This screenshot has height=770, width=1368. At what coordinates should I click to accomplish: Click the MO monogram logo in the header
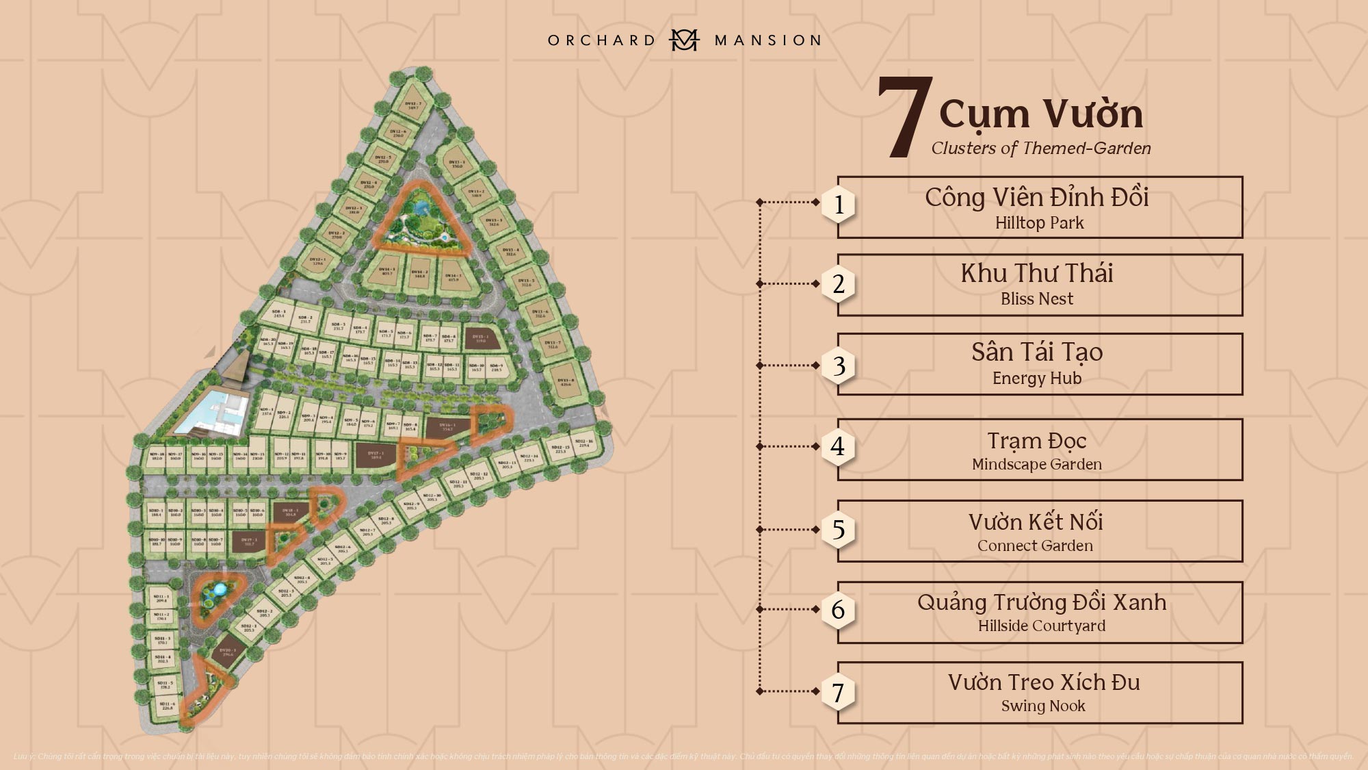pyautogui.click(x=683, y=40)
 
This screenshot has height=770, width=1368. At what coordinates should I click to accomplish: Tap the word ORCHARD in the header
pyautogui.click(x=602, y=40)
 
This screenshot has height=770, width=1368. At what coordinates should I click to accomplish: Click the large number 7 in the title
pyautogui.click(x=905, y=118)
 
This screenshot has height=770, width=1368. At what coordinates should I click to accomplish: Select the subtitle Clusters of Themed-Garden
pyautogui.click(x=1040, y=149)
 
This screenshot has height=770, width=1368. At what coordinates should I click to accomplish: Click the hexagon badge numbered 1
pyautogui.click(x=839, y=204)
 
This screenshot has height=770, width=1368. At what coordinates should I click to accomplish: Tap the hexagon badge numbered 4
pyautogui.click(x=838, y=446)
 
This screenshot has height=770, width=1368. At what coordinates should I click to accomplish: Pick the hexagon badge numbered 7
pyautogui.click(x=838, y=693)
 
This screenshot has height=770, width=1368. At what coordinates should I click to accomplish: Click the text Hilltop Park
pyautogui.click(x=1039, y=223)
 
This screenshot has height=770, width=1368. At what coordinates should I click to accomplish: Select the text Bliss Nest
pyautogui.click(x=1037, y=299)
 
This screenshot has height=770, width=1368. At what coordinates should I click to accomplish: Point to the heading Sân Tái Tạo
pyautogui.click(x=1037, y=352)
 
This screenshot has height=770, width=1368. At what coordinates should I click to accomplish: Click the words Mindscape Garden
pyautogui.click(x=1037, y=464)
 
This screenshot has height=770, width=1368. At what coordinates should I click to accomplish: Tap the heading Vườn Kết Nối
pyautogui.click(x=1036, y=522)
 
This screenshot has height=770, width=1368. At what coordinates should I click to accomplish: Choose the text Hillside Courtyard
pyautogui.click(x=1041, y=626)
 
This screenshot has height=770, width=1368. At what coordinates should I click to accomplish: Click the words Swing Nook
pyautogui.click(x=1043, y=706)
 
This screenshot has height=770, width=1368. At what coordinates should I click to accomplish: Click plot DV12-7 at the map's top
pyautogui.click(x=413, y=105)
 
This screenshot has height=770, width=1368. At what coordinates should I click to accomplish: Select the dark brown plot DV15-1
pyautogui.click(x=479, y=338)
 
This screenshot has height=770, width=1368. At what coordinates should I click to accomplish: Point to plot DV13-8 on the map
pyautogui.click(x=565, y=382)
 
